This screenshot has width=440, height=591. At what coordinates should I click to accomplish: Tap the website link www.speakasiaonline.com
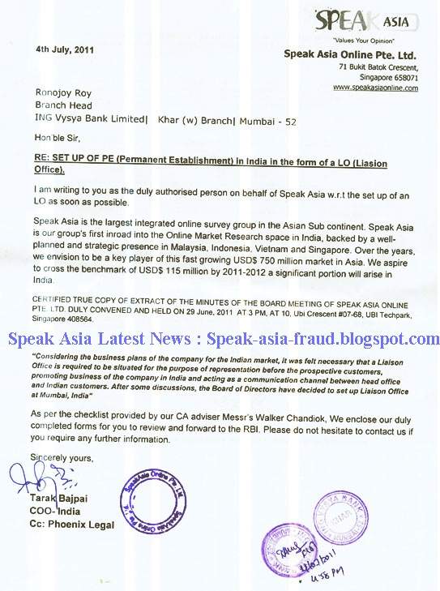tap(375, 87)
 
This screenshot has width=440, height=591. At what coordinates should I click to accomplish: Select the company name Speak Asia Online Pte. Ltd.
tap(351, 54)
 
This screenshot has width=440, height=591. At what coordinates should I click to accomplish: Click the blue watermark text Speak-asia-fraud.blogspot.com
tap(323, 339)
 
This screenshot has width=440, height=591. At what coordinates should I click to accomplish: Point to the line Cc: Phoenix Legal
tap(71, 525)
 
